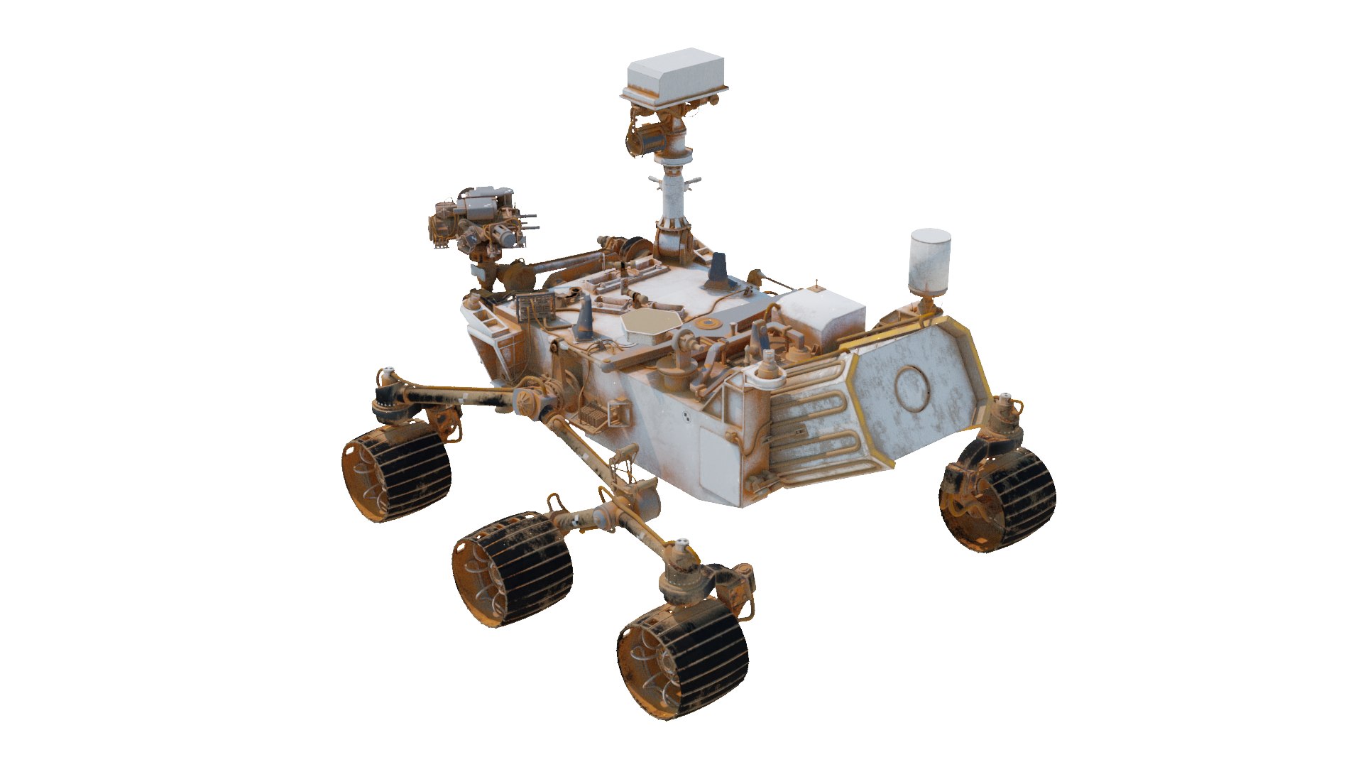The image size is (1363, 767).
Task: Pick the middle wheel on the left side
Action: [x=513, y=567]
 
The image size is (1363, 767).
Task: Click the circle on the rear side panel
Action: [x=912, y=388]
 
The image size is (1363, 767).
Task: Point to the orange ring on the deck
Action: [x=708, y=325]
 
